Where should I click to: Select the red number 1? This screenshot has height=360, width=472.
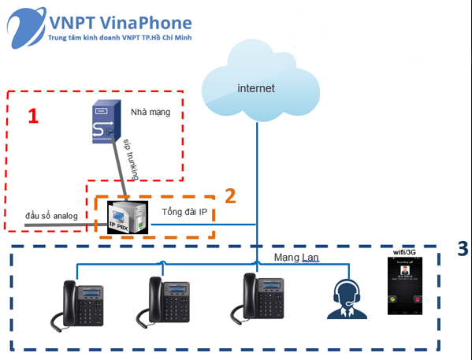click(32, 117)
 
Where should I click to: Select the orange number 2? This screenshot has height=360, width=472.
click(230, 194)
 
